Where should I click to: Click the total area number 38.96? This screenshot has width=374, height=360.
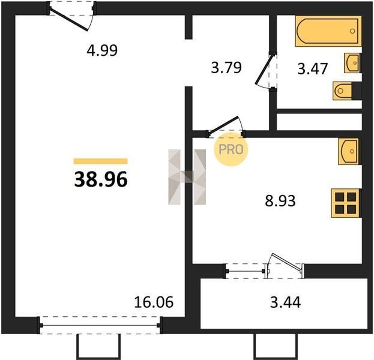[101, 180]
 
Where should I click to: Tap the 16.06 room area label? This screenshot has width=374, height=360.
[154, 302]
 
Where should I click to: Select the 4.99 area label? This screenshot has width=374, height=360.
[102, 50]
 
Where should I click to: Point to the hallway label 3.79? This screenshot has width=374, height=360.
[226, 67]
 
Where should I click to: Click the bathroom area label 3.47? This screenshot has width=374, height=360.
[312, 68]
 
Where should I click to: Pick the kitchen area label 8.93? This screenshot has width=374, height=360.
[280, 200]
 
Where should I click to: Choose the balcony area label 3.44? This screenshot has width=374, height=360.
[285, 302]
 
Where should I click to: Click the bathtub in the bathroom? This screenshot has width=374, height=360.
[328, 31]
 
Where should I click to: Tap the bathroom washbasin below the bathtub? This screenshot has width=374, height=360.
[352, 63]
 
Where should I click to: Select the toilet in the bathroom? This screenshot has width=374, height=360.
[343, 91]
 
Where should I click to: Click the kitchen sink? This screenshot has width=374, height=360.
[348, 151]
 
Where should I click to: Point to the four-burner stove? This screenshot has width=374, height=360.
[346, 203]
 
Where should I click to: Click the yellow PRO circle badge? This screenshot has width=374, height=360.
[231, 149]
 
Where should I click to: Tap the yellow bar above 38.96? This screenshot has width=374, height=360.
[101, 161]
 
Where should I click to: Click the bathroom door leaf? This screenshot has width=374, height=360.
[264, 70]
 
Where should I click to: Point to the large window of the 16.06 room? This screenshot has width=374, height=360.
[100, 325]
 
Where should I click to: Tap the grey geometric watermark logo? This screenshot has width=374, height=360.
[187, 177]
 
